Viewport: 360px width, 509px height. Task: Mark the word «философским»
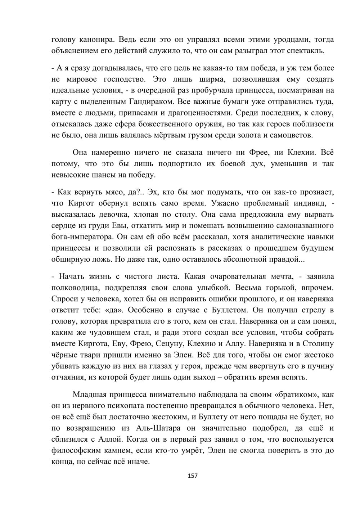tap(79, 451)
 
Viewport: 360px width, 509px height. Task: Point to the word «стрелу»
tap(309, 310)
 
